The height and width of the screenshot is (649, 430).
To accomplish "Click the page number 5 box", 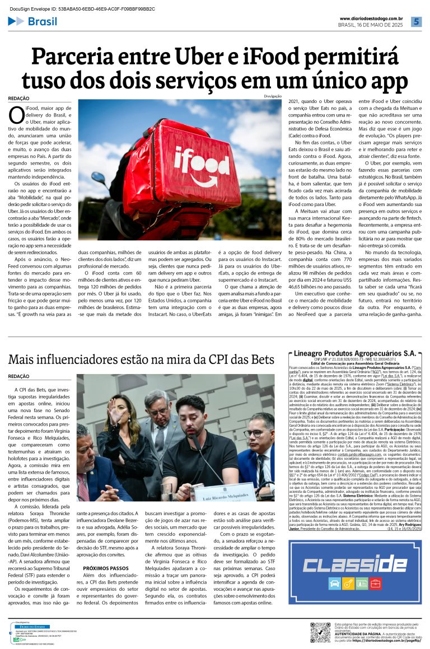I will (416, 22).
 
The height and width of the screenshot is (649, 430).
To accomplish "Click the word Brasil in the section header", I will (43, 22).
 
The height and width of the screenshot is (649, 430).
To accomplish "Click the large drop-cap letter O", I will (16, 114).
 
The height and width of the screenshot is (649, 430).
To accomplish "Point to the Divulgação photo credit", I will (273, 96).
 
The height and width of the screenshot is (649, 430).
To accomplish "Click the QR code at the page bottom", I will (320, 632).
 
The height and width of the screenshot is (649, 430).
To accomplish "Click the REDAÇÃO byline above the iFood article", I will (19, 99).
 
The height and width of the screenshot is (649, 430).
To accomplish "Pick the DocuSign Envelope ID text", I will (78, 9).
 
